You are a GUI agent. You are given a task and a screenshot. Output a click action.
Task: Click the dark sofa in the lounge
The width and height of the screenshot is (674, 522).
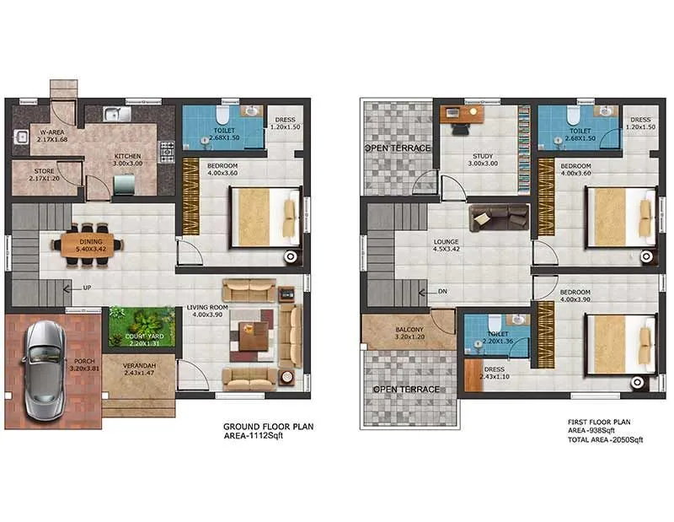point(499,217)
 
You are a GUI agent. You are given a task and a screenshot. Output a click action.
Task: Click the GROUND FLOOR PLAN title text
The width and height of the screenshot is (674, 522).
point(268,428)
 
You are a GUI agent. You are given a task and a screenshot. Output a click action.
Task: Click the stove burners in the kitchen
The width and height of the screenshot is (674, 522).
point(167,153)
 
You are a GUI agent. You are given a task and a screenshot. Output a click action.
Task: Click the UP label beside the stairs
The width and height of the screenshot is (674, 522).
point(87,288)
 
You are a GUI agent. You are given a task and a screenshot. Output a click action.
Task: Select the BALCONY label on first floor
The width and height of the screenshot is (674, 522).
point(410,330)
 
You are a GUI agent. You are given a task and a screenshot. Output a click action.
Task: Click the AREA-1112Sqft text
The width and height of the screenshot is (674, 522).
point(257,439)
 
